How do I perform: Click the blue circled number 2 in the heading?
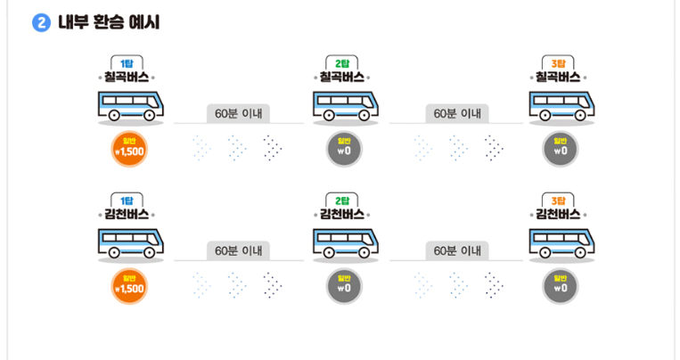tap(41, 22)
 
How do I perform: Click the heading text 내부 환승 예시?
tap(109, 22)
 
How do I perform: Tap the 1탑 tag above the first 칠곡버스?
tap(127, 62)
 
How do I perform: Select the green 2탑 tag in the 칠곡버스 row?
tap(343, 62)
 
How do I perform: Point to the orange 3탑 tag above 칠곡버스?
tap(560, 62)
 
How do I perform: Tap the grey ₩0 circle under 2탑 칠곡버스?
tap(344, 149)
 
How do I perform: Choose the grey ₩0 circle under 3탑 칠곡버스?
tap(561, 149)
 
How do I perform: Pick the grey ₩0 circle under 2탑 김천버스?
tap(344, 286)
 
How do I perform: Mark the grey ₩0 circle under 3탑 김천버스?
tap(561, 286)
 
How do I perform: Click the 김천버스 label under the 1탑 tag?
tap(127, 215)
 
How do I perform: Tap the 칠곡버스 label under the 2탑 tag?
tap(343, 78)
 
